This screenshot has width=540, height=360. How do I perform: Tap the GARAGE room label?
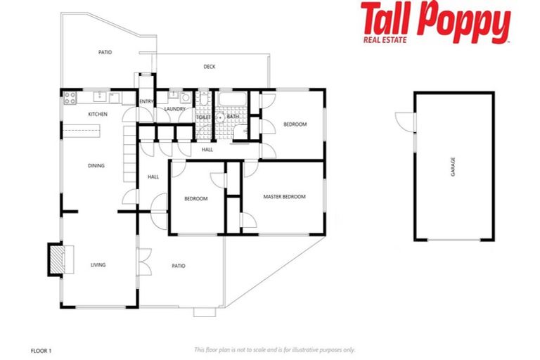tap(453, 167)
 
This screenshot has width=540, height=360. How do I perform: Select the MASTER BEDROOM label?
tap(284, 197)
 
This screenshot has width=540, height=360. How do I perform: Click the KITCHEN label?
tap(97, 114)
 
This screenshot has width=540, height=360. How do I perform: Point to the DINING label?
tap(96, 166)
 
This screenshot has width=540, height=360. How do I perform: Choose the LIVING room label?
tap(98, 265)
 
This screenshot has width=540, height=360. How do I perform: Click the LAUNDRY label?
tap(174, 109)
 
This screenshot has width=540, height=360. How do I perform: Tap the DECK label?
tap(210, 67)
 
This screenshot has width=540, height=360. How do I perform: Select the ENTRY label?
tap(146, 102)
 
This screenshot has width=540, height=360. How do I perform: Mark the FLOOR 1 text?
tap(42, 349)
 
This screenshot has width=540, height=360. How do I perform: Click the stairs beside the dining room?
tap(129, 155)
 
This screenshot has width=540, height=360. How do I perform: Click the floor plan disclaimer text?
tap(275, 349)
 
